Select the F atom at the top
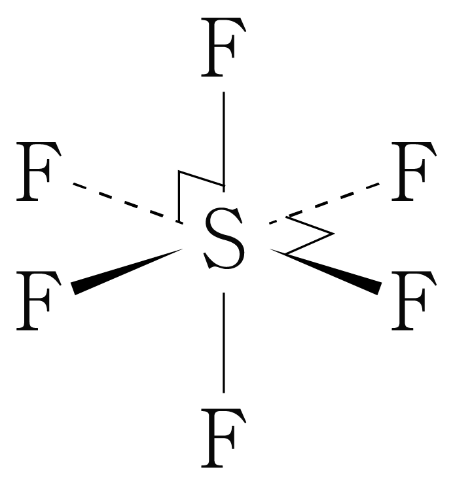(x=224, y=49)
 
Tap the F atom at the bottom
(x=224, y=437)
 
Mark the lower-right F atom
(x=412, y=302)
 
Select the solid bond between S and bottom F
(x=224, y=340)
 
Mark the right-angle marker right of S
(x=314, y=233)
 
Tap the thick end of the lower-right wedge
(x=378, y=288)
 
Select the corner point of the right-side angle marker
(x=334, y=233)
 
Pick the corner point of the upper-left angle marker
(x=179, y=172)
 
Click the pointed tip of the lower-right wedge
(x=270, y=249)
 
